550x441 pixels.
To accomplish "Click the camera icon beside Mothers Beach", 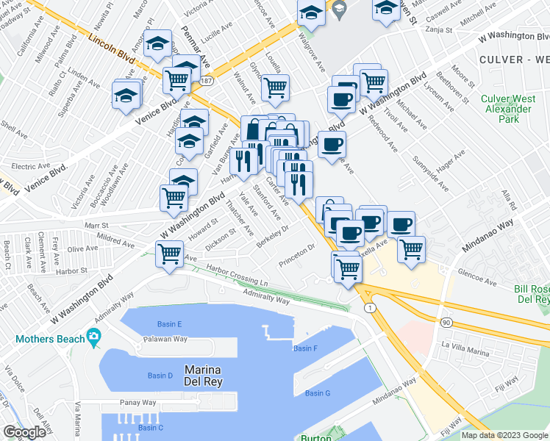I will coord(93,338).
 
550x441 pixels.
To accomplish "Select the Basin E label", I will coord(169,324).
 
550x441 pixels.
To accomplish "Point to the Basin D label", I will coord(160,376).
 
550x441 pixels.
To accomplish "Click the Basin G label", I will coord(318,393).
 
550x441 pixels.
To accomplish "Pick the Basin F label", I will coord(304,348).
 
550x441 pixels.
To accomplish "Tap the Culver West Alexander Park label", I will coord(505,108).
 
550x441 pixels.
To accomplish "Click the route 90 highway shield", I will coord(446,323).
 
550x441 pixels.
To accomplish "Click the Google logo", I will coord(24,432).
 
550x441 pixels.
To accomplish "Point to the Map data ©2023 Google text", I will coord(504,435).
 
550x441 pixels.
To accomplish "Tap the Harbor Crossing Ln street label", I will coord(238,276).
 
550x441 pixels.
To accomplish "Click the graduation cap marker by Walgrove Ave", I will coord(312,12).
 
